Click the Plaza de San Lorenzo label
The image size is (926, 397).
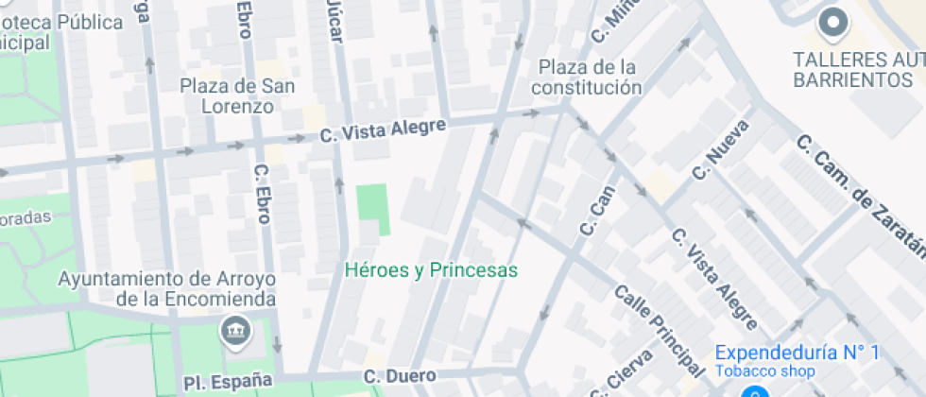tap(238, 96)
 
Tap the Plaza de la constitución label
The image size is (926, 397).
tap(586, 78)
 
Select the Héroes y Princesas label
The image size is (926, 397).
tap(432, 270)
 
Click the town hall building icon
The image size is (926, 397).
tap(233, 330)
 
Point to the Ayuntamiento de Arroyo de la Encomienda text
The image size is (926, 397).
tap(166, 289)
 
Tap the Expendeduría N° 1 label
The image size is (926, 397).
tap(797, 353)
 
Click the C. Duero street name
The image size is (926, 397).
tap(401, 377)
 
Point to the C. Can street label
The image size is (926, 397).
tap(595, 210)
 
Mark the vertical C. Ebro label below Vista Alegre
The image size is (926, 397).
tap(264, 195)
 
